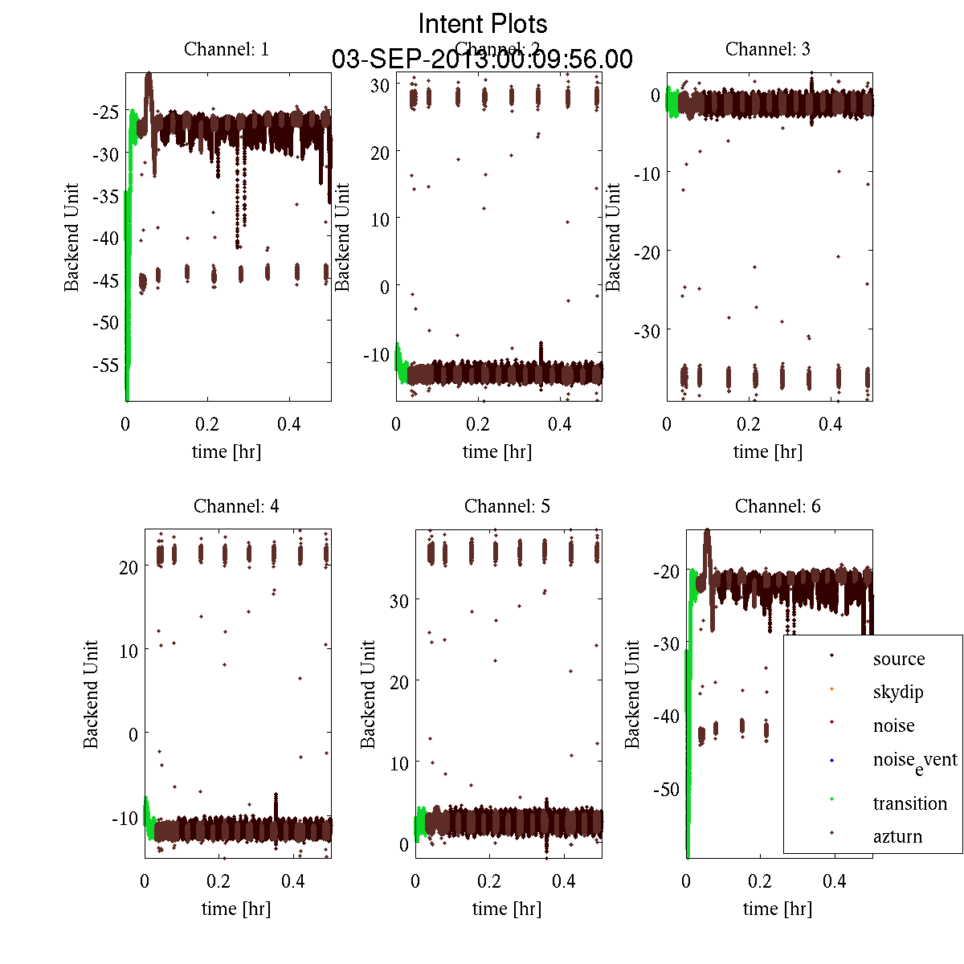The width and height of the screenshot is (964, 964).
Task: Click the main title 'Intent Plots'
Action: point(483,23)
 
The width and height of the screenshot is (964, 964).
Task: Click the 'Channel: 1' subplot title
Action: point(227,49)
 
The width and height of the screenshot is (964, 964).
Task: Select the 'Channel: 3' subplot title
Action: point(767,49)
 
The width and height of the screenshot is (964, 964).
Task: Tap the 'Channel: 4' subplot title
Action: point(236,506)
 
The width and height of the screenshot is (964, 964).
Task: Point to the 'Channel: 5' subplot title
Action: point(507,506)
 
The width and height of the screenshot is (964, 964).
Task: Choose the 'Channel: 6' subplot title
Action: point(778,506)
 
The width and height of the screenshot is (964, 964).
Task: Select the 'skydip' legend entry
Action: point(897,692)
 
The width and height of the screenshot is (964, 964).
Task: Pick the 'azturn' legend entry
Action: point(897,836)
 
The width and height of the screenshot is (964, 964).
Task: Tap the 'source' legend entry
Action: point(898,659)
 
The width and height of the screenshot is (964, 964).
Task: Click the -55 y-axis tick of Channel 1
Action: point(106,365)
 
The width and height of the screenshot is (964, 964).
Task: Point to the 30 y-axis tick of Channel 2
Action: point(380,85)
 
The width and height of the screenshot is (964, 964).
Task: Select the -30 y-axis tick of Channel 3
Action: point(647,331)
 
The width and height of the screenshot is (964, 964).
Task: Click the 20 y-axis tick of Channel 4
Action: point(128,566)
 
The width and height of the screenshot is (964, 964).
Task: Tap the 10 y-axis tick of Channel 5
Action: point(398,762)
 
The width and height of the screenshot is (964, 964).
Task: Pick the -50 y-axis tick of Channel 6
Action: point(666,789)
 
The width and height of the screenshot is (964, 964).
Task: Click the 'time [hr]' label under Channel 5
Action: point(507,909)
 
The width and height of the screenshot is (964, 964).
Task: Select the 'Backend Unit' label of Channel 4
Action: point(91,694)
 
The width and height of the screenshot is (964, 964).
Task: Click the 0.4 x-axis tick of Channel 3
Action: point(831,424)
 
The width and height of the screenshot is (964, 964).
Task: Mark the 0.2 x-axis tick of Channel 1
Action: point(208,424)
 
